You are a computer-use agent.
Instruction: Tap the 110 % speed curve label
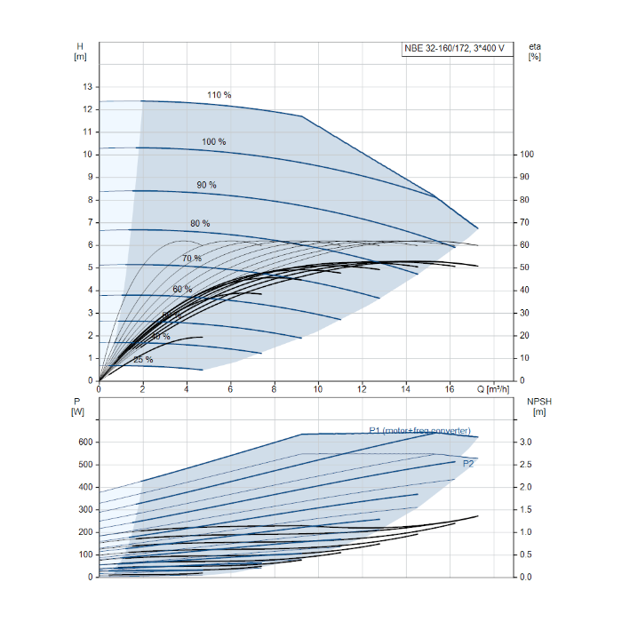(219, 95)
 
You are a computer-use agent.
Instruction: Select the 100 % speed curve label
(214, 142)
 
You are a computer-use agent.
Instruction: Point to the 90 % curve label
(206, 185)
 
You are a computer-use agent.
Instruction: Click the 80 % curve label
(200, 223)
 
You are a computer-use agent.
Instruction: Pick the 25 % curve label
(143, 360)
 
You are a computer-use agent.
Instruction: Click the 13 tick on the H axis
(87, 87)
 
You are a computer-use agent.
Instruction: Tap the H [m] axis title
(80, 52)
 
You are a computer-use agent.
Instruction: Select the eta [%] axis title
(535, 52)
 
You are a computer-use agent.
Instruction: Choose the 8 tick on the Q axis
(275, 389)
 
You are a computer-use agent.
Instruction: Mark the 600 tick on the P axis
(84, 442)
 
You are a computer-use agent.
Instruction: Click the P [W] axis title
(78, 406)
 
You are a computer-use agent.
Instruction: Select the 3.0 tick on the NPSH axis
(525, 442)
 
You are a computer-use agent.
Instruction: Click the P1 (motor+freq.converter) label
(419, 431)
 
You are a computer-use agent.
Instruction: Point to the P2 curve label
(468, 464)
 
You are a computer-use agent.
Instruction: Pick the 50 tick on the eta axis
(525, 267)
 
